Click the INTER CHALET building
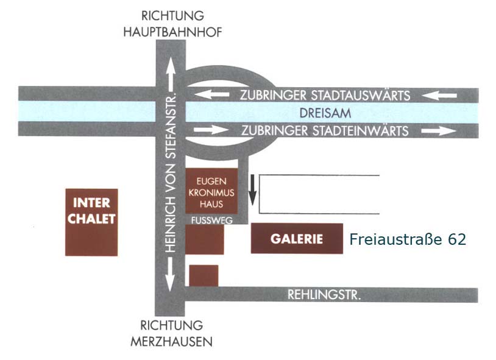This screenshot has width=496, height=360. click(91, 222)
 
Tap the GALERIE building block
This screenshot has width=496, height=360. click(297, 239)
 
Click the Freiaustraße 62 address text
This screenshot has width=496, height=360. click(408, 239)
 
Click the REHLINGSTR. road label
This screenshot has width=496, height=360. click(324, 295)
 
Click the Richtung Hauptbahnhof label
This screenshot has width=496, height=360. click(172, 24)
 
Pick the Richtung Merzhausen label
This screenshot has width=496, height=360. click(172, 333)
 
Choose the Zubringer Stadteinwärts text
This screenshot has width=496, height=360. click(325, 130)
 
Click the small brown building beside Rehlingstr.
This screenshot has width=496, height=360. click(204, 275)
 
